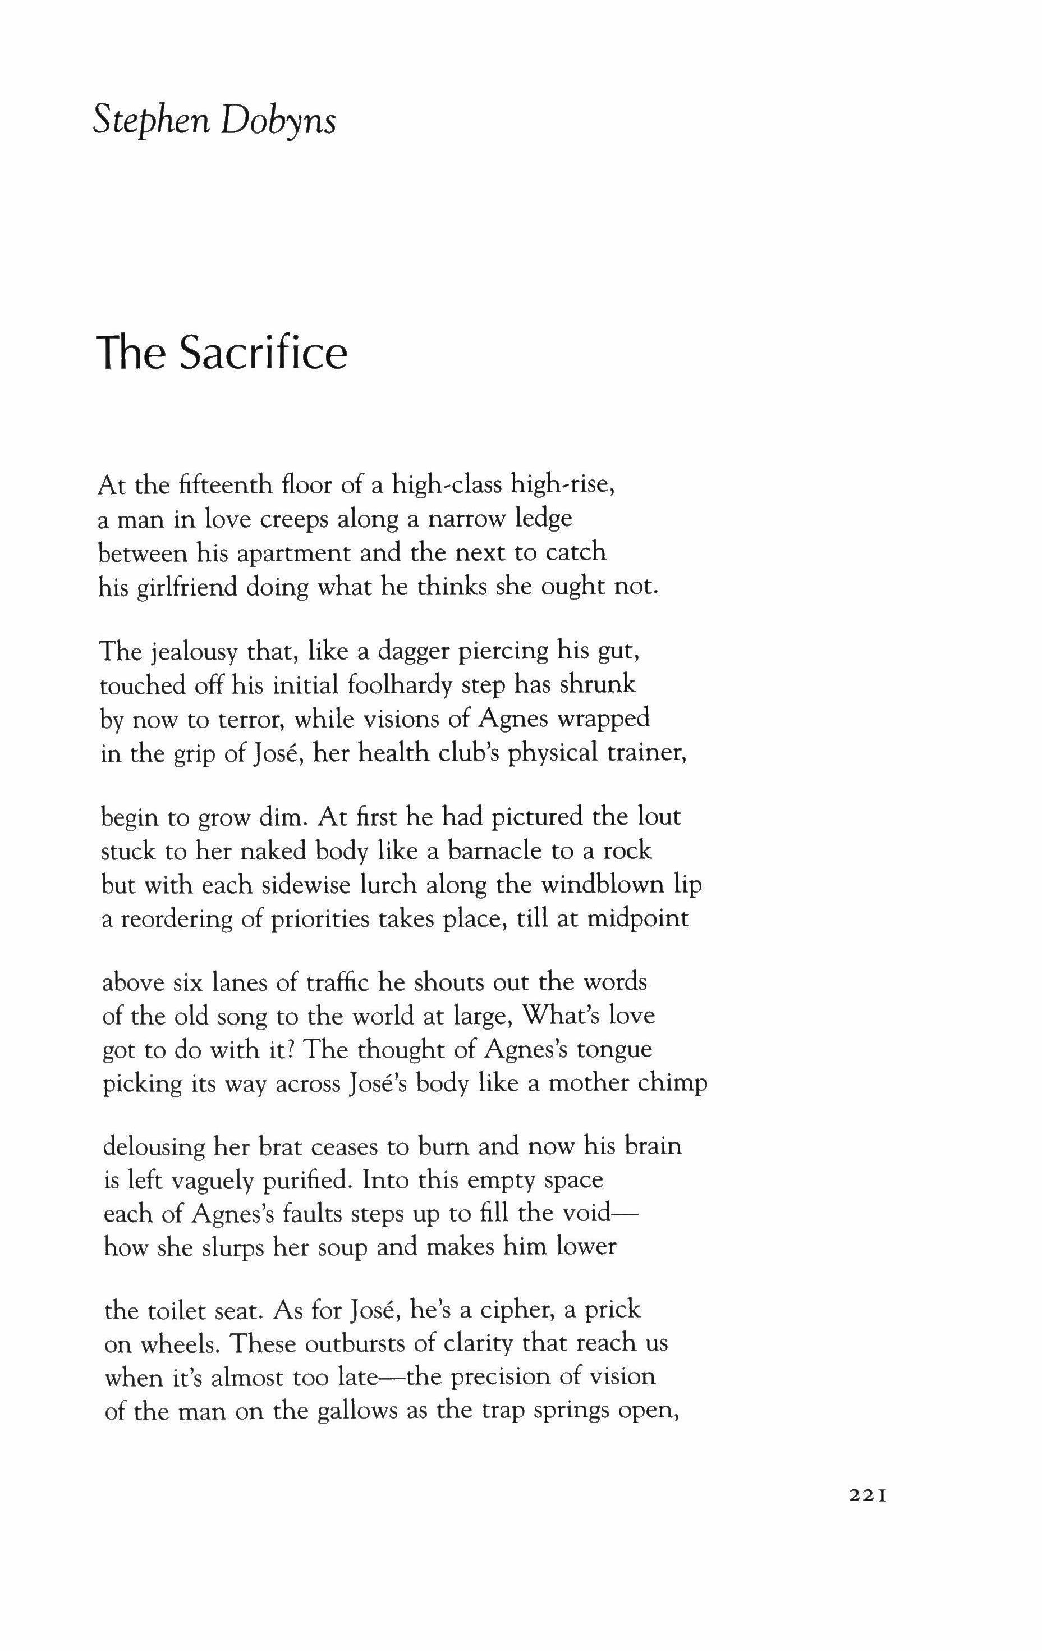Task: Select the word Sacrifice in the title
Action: pos(263,353)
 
